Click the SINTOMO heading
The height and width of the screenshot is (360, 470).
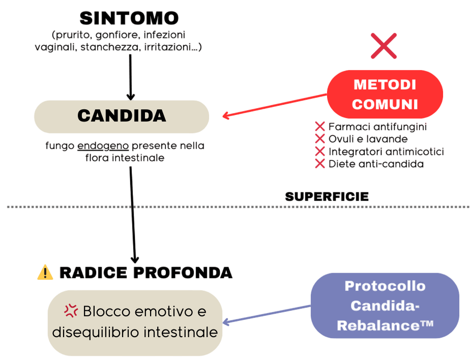[x=130, y=18]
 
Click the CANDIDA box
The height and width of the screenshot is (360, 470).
[x=122, y=116]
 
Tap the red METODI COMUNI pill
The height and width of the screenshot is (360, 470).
[x=385, y=94]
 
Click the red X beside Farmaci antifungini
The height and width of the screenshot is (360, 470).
[x=320, y=127]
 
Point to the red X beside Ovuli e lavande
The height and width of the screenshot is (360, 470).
[x=320, y=139]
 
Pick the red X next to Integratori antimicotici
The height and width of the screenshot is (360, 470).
[x=320, y=151]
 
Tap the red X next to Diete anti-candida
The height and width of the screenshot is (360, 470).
[x=320, y=163]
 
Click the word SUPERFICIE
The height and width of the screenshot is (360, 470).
[x=327, y=196]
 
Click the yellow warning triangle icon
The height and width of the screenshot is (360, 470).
[x=45, y=273]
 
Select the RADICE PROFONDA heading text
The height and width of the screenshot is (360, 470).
[x=146, y=273]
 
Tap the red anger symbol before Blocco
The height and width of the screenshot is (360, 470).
[x=71, y=310]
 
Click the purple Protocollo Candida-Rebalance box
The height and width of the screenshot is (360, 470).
[x=385, y=305]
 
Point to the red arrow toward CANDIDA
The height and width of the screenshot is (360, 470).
[x=275, y=105]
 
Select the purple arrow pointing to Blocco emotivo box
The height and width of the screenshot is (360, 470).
[x=267, y=314]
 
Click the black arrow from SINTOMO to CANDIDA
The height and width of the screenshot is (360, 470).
[x=131, y=76]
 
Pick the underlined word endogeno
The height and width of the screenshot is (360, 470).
[x=103, y=146]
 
